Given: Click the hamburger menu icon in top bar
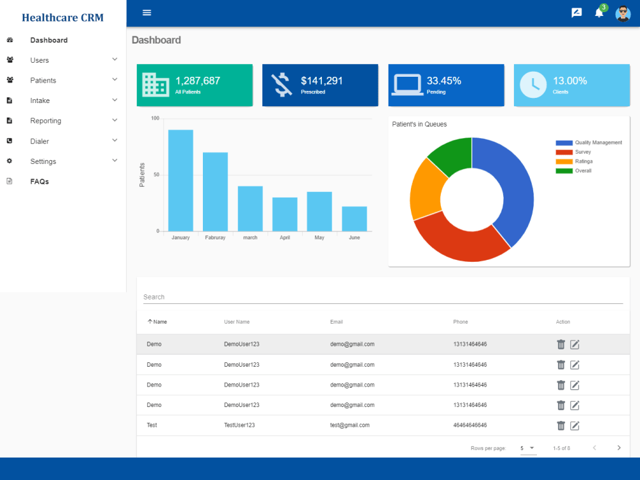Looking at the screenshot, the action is click(147, 13).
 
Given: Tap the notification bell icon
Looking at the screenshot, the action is click(599, 13).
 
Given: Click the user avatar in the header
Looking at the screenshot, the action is click(623, 13).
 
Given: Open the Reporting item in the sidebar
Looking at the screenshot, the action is click(45, 121).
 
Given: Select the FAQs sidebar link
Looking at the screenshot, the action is click(40, 182).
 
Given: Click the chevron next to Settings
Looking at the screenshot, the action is click(115, 161).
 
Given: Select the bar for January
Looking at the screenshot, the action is click(181, 180).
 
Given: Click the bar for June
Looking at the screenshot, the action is click(355, 219).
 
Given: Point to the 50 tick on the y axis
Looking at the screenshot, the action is click(156, 175).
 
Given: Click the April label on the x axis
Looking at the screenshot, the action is click(285, 237).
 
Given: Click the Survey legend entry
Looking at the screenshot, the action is click(573, 152).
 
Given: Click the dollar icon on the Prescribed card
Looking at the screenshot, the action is click(282, 84).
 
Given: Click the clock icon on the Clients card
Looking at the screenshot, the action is click(533, 85).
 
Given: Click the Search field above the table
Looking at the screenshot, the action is click(383, 297).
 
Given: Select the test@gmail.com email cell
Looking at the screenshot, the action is click(350, 426).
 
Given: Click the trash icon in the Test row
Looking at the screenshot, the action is click(561, 426).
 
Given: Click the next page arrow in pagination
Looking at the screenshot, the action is click(619, 448).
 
